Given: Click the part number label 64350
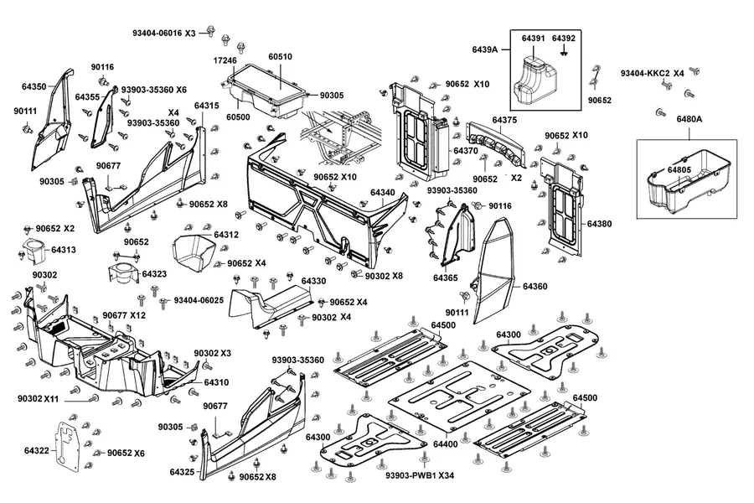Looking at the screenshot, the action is click(34, 86).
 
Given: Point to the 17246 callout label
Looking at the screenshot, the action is click(225, 60).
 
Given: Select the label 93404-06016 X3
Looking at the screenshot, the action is click(164, 34).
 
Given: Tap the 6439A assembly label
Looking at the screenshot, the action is click(485, 49).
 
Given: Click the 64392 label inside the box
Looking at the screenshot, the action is click(564, 38).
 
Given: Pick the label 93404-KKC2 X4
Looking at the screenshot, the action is click(652, 74).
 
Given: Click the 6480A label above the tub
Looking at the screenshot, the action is click(689, 119).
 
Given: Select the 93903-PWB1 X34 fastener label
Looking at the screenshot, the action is click(420, 475).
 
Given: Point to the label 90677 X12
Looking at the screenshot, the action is click(124, 315).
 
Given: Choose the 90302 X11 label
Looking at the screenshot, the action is click(38, 399).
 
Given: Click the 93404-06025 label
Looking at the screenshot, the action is click(199, 300).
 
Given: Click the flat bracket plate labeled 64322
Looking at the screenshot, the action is click(66, 445).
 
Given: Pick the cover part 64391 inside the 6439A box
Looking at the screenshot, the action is click(535, 79).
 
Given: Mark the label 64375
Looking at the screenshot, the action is click(504, 120).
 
